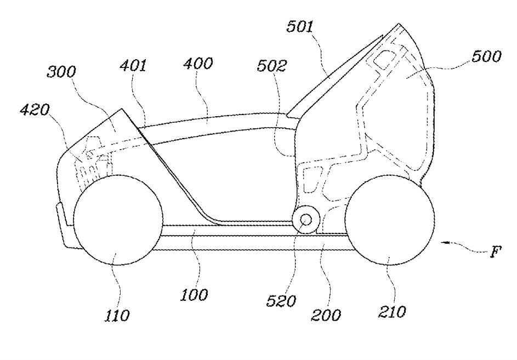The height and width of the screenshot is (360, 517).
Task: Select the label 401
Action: [133, 67]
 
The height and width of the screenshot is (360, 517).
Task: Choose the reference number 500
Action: [485, 57]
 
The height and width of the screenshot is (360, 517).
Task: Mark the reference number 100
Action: [195, 295]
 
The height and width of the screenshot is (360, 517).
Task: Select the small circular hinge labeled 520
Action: [305, 220]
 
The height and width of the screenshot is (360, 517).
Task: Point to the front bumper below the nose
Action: [65, 230]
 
